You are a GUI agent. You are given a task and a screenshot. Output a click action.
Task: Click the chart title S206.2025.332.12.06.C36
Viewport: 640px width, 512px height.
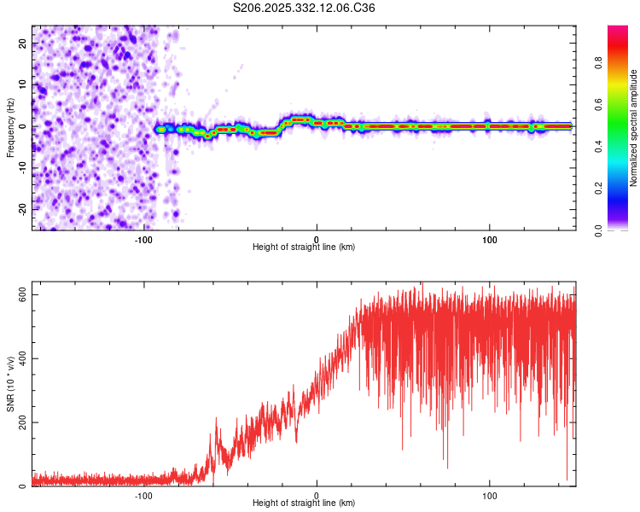[x=304, y=8]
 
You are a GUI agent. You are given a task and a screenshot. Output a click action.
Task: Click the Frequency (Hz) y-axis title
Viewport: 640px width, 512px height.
[x=10, y=127]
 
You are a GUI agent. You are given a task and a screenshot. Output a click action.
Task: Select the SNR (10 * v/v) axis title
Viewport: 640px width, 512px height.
[x=10, y=385]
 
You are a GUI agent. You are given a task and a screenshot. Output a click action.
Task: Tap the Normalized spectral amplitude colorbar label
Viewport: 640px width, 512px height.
[x=634, y=128]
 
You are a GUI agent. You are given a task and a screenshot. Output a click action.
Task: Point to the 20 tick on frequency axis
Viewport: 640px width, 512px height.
[x=23, y=44]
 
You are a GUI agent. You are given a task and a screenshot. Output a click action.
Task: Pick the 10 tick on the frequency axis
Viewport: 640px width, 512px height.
[x=23, y=84]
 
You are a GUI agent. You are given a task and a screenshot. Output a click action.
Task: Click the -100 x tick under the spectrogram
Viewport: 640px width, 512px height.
[x=143, y=240]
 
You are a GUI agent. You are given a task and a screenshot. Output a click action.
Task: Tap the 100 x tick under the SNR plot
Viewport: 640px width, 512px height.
[x=490, y=496]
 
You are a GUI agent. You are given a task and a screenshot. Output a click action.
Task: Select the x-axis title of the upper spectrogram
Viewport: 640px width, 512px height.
[x=304, y=247]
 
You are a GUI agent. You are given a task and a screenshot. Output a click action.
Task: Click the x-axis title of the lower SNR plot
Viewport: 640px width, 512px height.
[x=304, y=503]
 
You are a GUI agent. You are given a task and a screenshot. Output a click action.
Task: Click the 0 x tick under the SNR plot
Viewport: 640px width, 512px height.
[x=317, y=496]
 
